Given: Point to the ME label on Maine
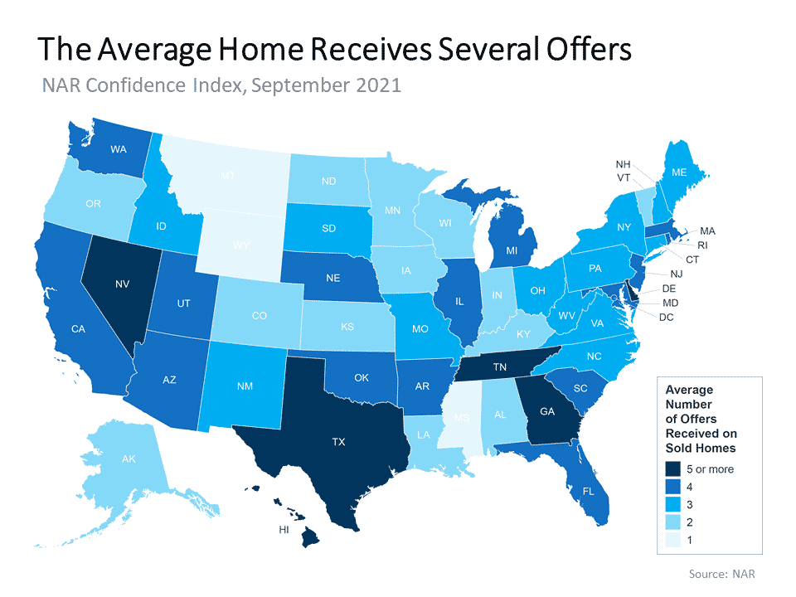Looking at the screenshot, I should coord(680,172).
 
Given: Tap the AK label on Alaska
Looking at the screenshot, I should coord(108,458).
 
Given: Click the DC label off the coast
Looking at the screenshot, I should coord(667,318).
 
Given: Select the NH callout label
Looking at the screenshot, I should coord(624,164).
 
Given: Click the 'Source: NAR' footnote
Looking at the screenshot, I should coord(722,573).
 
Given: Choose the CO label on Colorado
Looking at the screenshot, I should coord(260,315).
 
